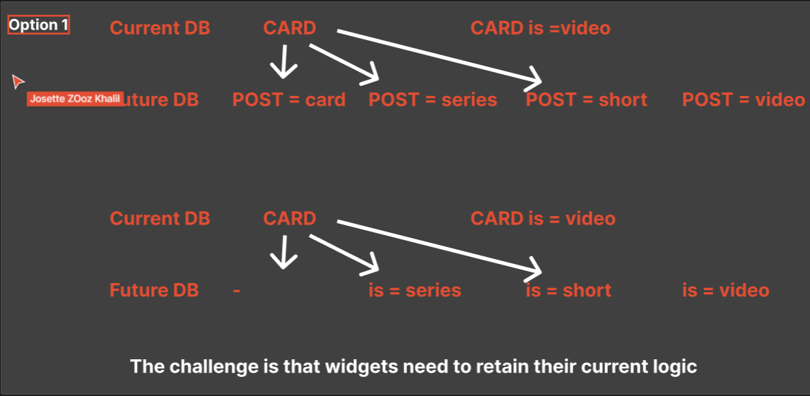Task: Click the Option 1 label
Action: (39, 25)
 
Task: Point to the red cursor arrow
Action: (18, 82)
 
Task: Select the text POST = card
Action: (289, 100)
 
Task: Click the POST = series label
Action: (433, 100)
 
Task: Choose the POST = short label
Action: (586, 100)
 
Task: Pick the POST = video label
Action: (743, 100)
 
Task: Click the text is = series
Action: (415, 290)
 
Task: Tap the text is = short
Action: (568, 290)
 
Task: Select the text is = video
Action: (726, 290)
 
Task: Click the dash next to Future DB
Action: (236, 291)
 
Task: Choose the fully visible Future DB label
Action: (154, 290)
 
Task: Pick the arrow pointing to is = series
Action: (345, 253)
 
